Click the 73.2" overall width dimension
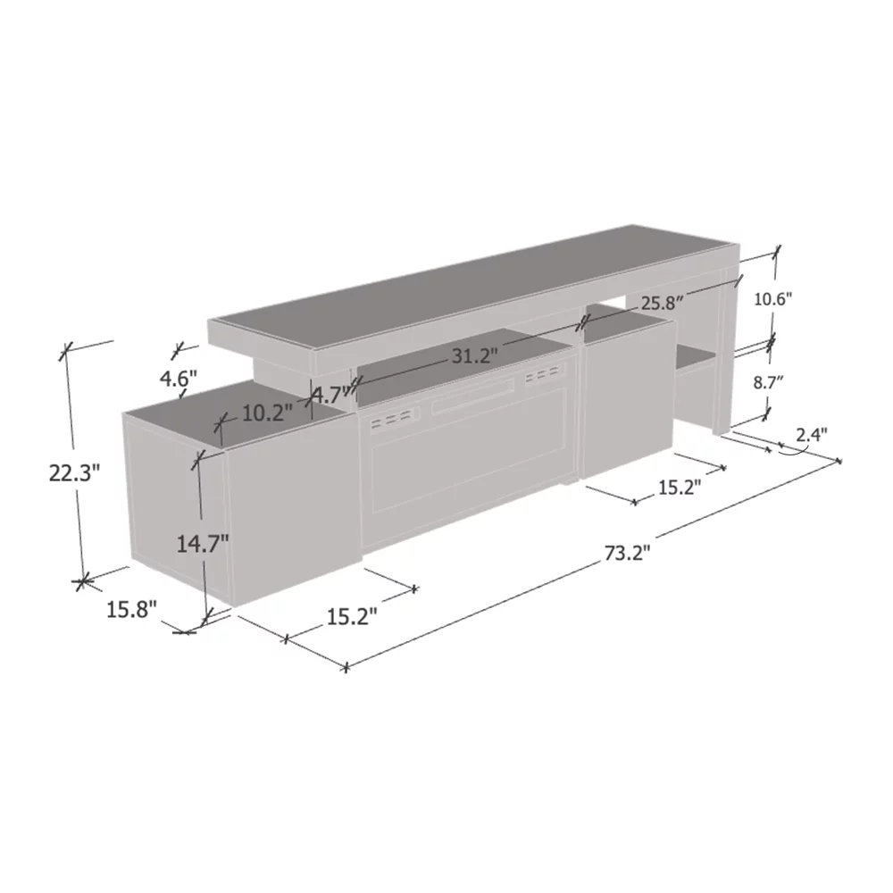[627, 553]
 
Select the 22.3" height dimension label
[74, 472]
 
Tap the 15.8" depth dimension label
[131, 610]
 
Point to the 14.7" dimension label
[203, 545]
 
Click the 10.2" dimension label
[267, 413]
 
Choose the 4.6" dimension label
[179, 378]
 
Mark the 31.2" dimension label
[475, 356]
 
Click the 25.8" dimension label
[662, 304]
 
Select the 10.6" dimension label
[773, 299]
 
